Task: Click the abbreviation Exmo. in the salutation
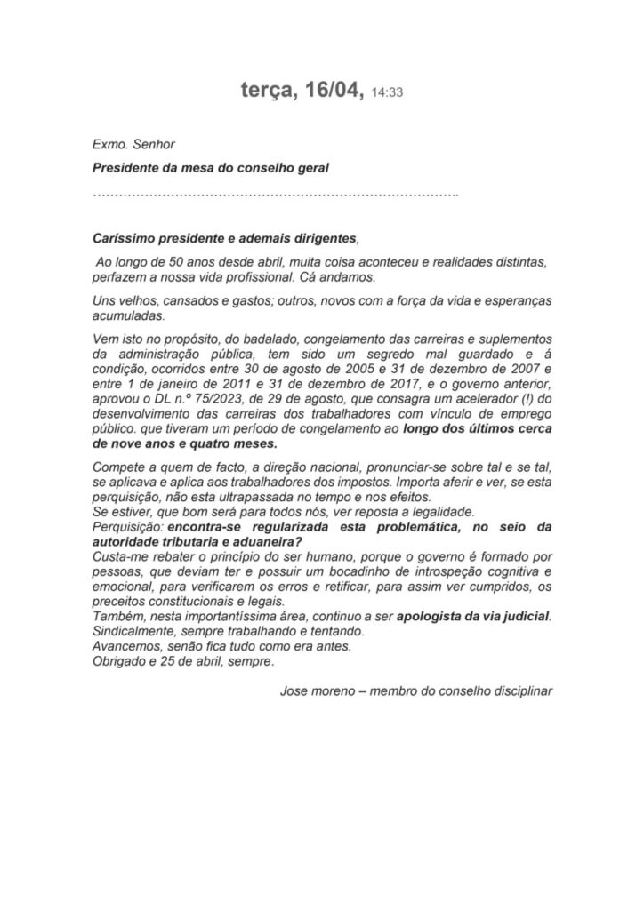tap(109, 142)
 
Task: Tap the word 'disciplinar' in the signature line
tap(520, 690)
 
